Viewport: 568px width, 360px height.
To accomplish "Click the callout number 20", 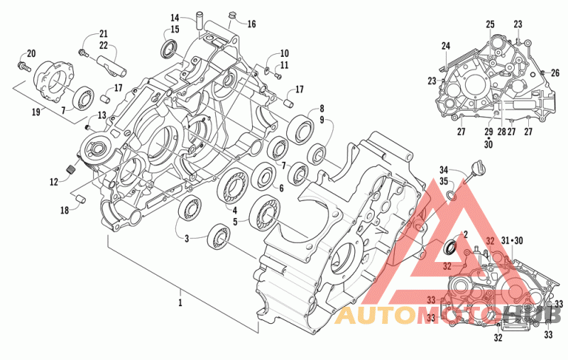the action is point(31,53).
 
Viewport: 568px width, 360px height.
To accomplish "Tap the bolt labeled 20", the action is point(23,66).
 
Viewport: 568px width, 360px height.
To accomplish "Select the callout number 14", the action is point(175,17).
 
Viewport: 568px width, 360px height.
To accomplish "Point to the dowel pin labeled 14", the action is point(199,21).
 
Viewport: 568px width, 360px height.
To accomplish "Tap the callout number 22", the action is point(104,45).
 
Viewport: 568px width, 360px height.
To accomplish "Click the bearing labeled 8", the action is point(300,129).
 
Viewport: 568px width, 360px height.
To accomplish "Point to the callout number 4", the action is point(235,210).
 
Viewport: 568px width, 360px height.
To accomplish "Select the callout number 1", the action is point(180,302).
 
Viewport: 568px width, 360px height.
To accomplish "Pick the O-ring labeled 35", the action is point(452,195).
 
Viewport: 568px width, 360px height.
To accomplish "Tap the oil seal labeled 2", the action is point(451,247).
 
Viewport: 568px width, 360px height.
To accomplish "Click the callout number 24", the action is point(446,46).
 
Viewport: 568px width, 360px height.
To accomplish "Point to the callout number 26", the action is point(555,73).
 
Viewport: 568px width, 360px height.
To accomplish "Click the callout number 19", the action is point(36,112).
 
